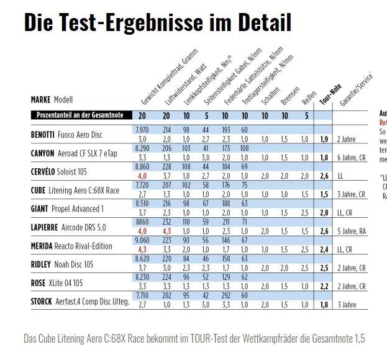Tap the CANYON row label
42,153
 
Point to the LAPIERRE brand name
45,227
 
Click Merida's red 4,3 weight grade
142,250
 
